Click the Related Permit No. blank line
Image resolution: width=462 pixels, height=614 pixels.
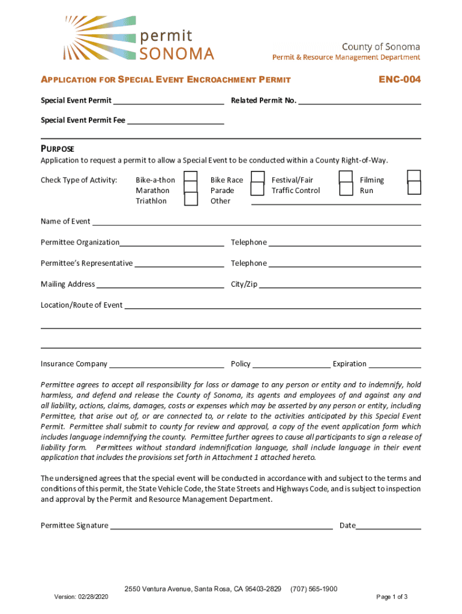point(359,101)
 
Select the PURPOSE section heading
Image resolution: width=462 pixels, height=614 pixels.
point(57,149)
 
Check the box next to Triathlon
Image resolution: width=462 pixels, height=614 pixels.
point(191,199)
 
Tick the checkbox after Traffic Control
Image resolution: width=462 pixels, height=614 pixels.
point(346,189)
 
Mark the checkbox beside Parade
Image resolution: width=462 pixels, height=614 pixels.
point(257,189)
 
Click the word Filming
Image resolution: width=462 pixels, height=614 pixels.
point(371,180)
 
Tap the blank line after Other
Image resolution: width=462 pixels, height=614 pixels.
point(336,201)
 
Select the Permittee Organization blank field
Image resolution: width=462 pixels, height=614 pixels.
point(172,243)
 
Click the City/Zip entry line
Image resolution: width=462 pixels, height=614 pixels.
point(340,285)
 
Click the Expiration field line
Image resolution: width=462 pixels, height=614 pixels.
point(395,365)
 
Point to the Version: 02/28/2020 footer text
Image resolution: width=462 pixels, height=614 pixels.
point(80,597)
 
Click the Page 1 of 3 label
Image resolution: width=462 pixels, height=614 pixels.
point(392,597)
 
